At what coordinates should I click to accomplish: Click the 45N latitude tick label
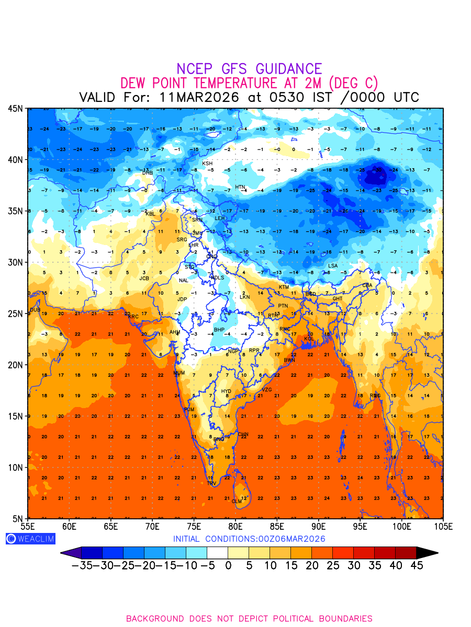[15, 108]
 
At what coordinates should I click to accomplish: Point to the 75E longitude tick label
[194, 526]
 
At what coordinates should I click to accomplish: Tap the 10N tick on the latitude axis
[15, 467]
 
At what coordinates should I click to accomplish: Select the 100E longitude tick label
[402, 526]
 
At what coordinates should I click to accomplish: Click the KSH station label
[207, 164]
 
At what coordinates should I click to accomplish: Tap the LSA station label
[333, 266]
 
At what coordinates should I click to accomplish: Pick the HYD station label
[226, 391]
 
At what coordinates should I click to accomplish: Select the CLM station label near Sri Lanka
[237, 502]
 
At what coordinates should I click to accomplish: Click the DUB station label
[35, 310]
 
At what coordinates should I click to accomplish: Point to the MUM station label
[179, 373]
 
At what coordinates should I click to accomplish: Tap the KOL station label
[309, 339]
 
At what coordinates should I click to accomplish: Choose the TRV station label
[211, 484]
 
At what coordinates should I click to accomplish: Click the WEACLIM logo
[30, 539]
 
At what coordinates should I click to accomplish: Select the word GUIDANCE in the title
[288, 69]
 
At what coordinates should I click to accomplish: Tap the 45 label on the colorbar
[416, 565]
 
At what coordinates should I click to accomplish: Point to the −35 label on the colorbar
[82, 565]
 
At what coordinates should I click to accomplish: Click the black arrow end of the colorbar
[427, 553]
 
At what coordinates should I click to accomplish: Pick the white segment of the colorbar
[217, 553]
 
